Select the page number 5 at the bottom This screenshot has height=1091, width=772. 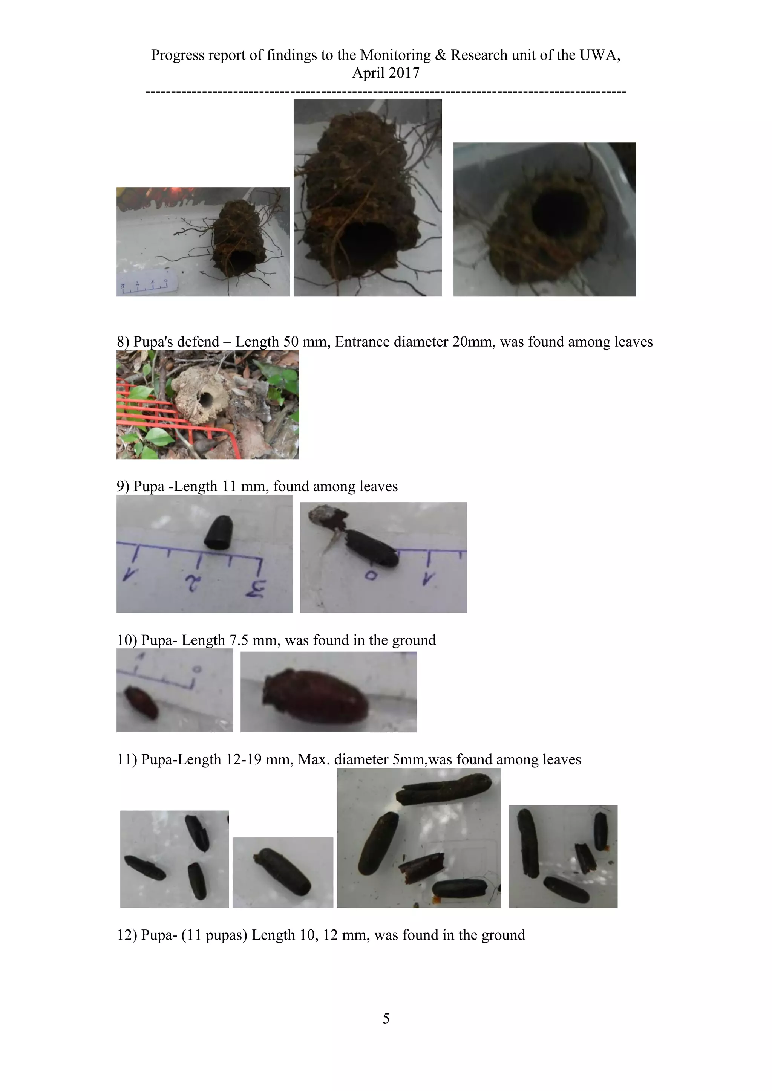(386, 1018)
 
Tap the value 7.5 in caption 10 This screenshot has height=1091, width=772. (239, 640)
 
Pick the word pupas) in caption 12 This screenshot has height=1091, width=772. (227, 935)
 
